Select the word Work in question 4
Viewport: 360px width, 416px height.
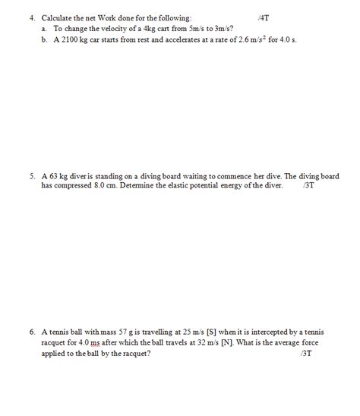pyautogui.click(x=112, y=16)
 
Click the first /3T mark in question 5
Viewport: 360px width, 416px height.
pyautogui.click(x=308, y=185)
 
